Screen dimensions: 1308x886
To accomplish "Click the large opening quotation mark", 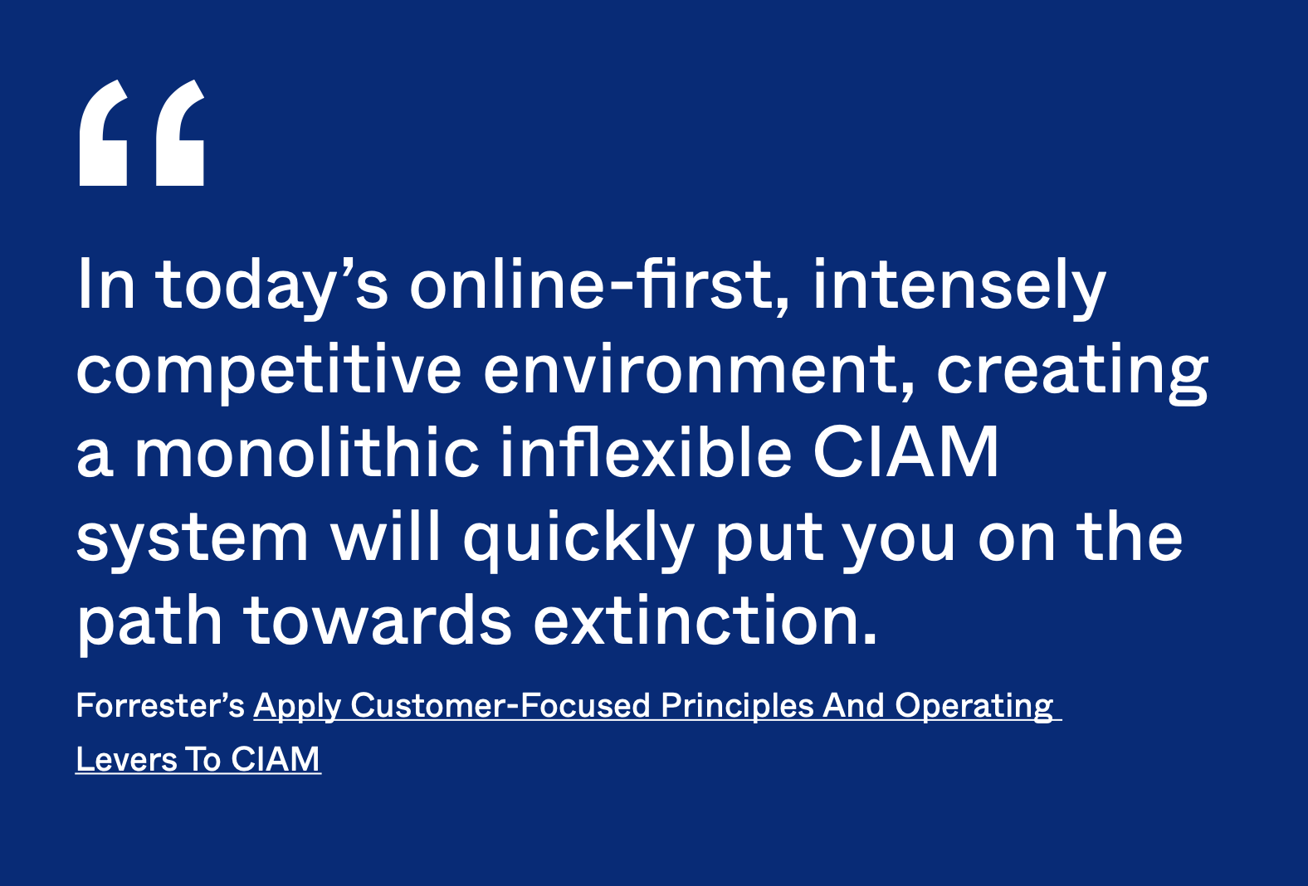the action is point(141,133).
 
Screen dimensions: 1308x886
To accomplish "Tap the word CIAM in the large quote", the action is point(906,452).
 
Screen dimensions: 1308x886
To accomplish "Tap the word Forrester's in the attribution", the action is point(160,705).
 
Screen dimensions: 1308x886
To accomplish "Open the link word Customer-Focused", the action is point(500,705).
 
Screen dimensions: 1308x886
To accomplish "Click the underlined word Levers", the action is point(126,759).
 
